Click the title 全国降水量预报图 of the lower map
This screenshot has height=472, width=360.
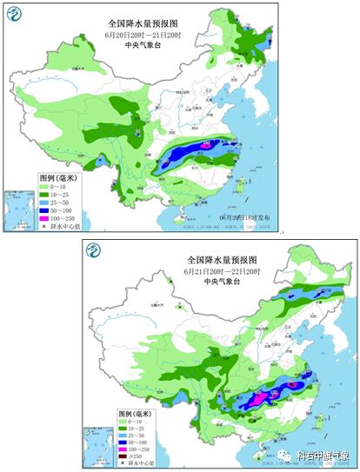[223, 260]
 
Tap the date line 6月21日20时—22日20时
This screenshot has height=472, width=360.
[223, 271]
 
